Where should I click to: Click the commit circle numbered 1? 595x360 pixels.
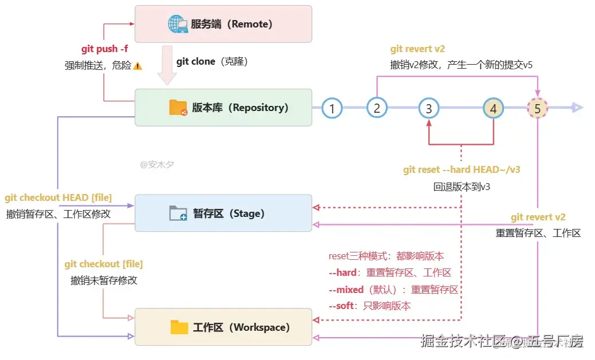[x=332, y=108]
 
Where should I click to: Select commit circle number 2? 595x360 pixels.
[x=377, y=108]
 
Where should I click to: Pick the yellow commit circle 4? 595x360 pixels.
[x=493, y=108]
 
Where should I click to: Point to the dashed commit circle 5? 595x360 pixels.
[x=537, y=108]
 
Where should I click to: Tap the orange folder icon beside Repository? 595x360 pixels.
[x=178, y=108]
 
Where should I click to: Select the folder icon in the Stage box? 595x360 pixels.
[x=178, y=213]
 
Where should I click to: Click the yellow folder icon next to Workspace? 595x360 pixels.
[x=179, y=327]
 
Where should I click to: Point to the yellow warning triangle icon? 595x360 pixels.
[x=137, y=66]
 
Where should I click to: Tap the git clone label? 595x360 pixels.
[x=196, y=61]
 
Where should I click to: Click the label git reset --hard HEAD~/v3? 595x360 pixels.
[x=462, y=169]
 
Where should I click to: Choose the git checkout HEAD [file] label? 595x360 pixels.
[x=58, y=198]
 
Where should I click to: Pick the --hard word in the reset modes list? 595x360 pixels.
[x=342, y=272]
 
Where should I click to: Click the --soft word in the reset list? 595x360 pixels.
[x=341, y=306]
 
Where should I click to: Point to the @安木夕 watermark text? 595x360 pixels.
[x=157, y=164]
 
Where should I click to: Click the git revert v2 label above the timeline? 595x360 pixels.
[x=417, y=49]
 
